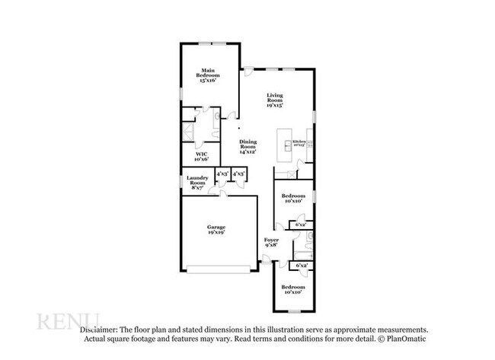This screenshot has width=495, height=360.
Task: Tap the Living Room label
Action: (275, 100)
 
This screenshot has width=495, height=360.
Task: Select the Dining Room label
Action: (248, 145)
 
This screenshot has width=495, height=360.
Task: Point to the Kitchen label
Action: (299, 142)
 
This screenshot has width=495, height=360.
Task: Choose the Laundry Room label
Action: (197, 183)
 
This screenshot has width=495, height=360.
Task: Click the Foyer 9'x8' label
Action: (271, 244)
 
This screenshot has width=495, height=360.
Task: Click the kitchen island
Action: (285, 145)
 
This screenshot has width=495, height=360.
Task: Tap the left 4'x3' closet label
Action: (222, 174)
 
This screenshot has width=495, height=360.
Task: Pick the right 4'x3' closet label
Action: (238, 174)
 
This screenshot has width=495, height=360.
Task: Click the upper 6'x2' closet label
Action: (301, 225)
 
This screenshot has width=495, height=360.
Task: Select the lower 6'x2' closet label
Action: (302, 266)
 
